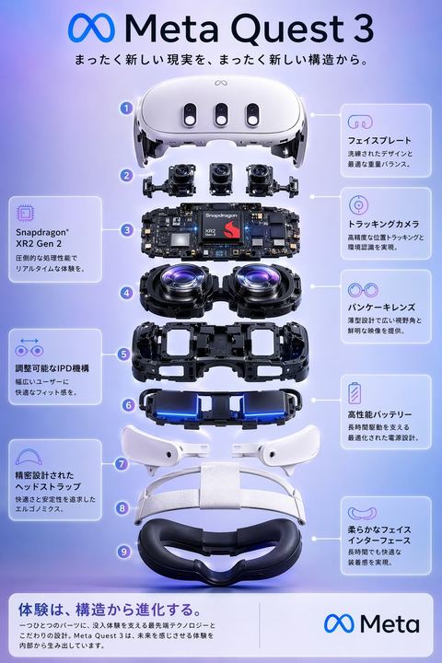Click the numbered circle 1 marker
pos(125,108)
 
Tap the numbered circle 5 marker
pos(123,353)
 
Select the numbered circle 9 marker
pos(123,551)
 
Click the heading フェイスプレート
pos(373,142)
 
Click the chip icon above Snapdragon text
pos(27,214)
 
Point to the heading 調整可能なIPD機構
pos(52,368)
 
